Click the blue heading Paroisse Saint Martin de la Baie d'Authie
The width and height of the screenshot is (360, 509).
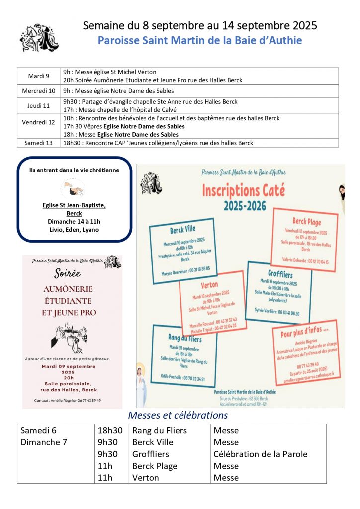click(199, 40)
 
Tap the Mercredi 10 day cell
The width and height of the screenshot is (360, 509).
click(39, 91)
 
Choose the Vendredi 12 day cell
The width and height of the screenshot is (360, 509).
click(39, 122)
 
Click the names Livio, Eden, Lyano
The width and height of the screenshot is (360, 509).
click(74, 230)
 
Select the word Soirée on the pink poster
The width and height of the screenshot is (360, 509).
click(68, 274)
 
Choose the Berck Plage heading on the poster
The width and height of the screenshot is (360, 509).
click(307, 222)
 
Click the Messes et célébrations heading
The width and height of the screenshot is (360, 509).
click(178, 415)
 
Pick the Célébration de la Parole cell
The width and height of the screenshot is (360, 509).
click(260, 454)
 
